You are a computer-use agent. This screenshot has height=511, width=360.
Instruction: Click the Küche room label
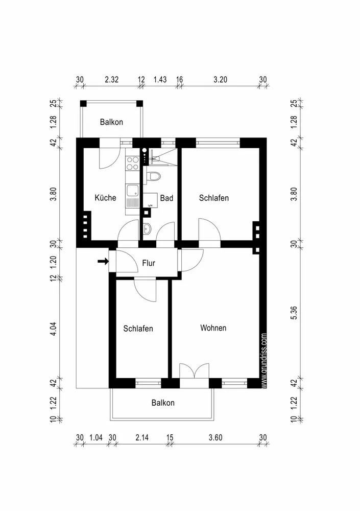tap(105, 197)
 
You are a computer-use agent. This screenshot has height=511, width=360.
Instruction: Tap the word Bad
tap(166, 198)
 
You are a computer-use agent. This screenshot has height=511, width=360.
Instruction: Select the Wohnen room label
tap(213, 328)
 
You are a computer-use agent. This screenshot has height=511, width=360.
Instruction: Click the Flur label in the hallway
tap(149, 263)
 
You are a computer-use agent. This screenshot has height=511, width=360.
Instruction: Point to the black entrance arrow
tap(103, 261)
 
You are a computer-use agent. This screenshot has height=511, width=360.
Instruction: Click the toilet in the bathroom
tap(153, 176)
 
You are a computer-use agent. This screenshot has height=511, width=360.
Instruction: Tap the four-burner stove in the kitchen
tap(132, 164)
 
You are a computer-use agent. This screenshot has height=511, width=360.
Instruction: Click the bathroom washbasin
tap(147, 229)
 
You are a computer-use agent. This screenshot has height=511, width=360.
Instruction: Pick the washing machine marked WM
tap(150, 200)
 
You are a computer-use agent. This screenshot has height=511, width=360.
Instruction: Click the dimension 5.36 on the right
tap(294, 313)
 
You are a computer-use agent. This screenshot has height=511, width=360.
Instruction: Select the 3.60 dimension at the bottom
tap(215, 437)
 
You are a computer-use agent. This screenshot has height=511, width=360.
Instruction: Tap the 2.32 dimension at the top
tap(111, 80)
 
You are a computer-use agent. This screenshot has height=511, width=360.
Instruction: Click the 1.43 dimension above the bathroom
tap(160, 80)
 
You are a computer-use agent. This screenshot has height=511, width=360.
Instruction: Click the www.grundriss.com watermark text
tap(264, 360)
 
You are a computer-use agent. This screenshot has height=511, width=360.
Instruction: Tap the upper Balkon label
tap(111, 122)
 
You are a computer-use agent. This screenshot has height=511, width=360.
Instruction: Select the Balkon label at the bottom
tap(163, 403)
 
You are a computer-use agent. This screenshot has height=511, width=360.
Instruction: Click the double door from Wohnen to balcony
tap(194, 371)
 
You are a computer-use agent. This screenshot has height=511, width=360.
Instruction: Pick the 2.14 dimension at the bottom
tap(142, 437)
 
